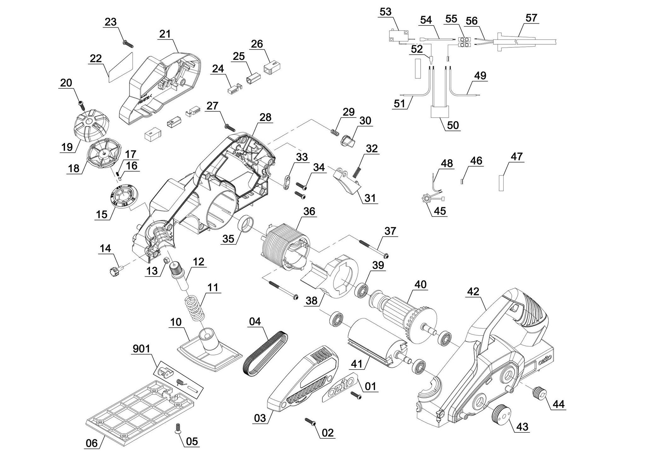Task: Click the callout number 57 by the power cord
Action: [x=531, y=18]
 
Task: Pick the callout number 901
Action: [x=142, y=349]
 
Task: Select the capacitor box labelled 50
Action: [x=440, y=112]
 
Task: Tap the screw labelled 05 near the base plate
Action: [x=178, y=436]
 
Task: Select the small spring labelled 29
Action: [x=335, y=132]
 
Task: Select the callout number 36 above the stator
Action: [x=309, y=211]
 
